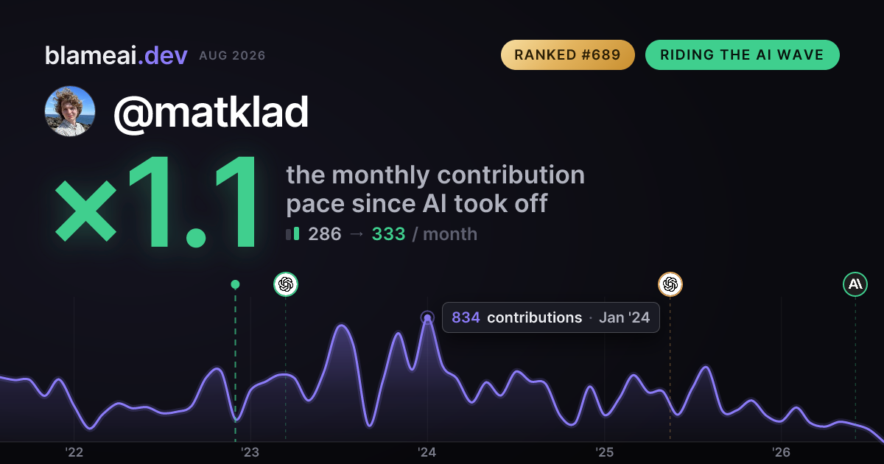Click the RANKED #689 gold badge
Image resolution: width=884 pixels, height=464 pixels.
[567, 55]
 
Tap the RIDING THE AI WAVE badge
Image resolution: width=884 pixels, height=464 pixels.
[743, 55]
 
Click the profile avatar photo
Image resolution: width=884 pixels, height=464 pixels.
[70, 111]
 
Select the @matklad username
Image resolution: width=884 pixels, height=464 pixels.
[211, 113]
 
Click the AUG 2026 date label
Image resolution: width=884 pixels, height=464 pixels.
[232, 56]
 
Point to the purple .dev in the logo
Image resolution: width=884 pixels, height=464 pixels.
[163, 55]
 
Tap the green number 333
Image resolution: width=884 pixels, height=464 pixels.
[388, 234]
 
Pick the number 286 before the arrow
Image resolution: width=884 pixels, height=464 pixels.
[324, 234]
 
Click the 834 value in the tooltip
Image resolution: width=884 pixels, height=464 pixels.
[466, 317]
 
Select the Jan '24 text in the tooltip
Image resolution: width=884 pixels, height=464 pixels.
[625, 317]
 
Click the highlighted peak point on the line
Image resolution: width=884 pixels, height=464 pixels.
[427, 317]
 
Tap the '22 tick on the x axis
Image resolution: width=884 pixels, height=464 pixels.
[74, 451]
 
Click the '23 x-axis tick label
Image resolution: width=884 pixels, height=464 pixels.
[250, 451]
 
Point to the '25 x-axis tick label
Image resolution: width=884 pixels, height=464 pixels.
[604, 451]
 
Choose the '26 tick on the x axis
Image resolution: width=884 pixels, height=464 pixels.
[781, 451]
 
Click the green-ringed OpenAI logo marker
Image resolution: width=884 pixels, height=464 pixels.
[286, 284]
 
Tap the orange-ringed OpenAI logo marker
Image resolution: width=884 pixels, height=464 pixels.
[670, 284]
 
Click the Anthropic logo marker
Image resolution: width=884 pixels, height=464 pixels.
[855, 284]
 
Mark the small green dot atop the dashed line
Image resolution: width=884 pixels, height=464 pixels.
[235, 284]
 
